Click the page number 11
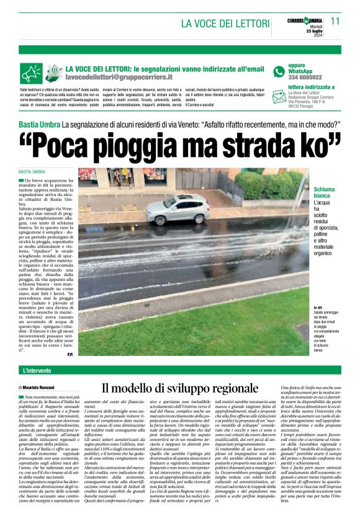[x=336, y=21]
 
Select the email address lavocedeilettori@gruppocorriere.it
[x=119, y=78]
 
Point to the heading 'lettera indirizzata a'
[x=299, y=87]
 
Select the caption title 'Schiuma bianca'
[x=323, y=192]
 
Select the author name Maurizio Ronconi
[x=40, y=387]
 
